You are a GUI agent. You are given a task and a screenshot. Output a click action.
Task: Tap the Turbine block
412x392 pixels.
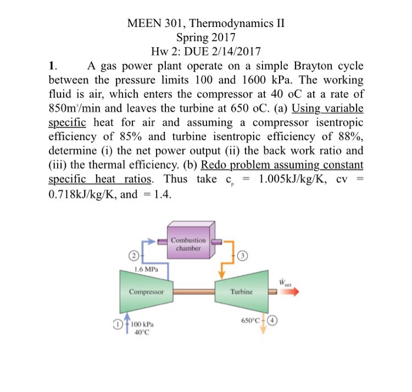point(242,291)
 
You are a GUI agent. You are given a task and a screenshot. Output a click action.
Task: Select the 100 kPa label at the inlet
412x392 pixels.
point(141,324)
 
